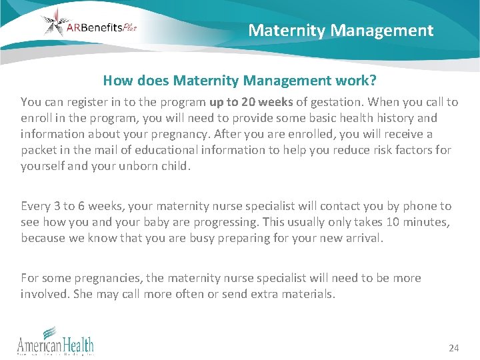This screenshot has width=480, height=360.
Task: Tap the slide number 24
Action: pos(454,348)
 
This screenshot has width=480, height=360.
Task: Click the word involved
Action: pos(43,294)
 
